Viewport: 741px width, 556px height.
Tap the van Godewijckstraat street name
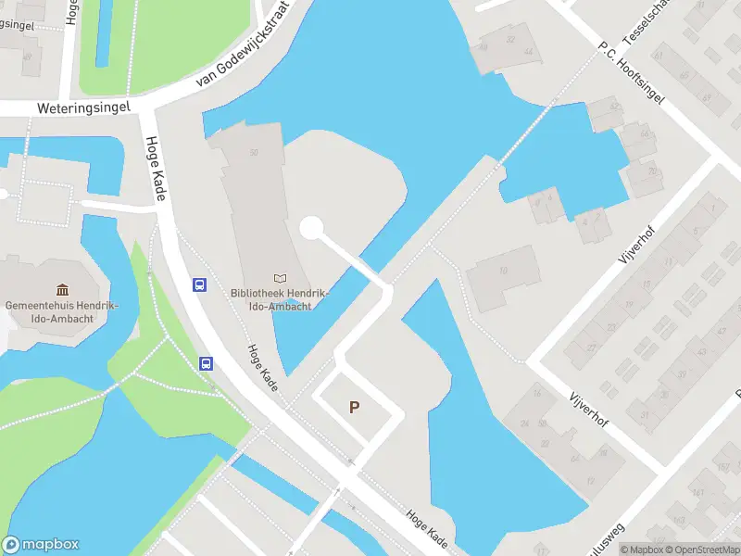[244, 44]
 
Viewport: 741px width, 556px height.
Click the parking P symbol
[354, 407]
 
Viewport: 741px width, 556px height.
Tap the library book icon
[280, 278]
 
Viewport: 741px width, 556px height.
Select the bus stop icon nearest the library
[199, 284]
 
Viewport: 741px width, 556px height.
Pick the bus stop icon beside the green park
[207, 363]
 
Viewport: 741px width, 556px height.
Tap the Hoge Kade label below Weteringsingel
[153, 171]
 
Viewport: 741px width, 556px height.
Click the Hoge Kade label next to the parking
[262, 368]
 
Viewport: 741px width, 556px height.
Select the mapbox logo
[41, 545]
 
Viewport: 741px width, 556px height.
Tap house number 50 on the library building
[253, 152]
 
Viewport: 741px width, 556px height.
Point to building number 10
[503, 272]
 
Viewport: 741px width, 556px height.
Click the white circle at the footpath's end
[312, 227]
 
